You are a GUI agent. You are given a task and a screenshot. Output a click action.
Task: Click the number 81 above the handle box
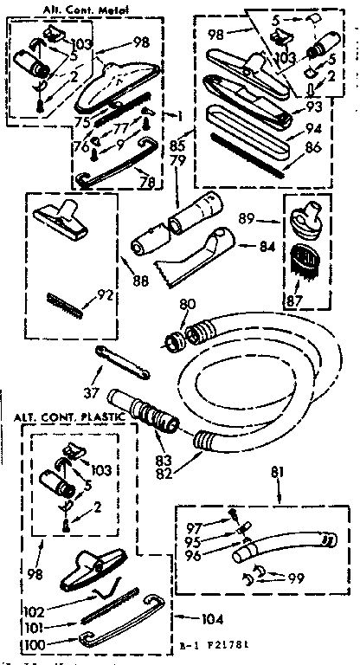tap(277, 472)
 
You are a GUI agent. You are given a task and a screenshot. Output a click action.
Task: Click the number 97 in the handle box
tap(195, 526)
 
